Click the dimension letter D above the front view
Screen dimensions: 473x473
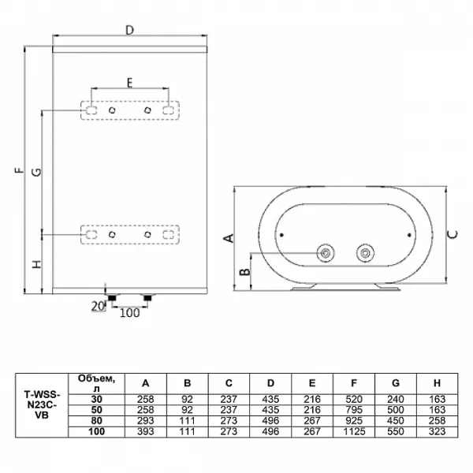(x=129, y=30)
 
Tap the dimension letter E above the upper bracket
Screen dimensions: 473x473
(x=129, y=82)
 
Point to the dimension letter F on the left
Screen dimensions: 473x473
(x=19, y=170)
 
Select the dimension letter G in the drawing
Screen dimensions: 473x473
(x=36, y=172)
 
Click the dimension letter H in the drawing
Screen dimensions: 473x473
(x=36, y=264)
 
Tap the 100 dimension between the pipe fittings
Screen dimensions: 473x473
(x=130, y=313)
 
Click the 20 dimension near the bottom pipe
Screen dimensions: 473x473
(x=98, y=307)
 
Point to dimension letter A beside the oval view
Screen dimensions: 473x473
(x=229, y=238)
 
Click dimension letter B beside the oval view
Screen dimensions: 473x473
(x=244, y=271)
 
